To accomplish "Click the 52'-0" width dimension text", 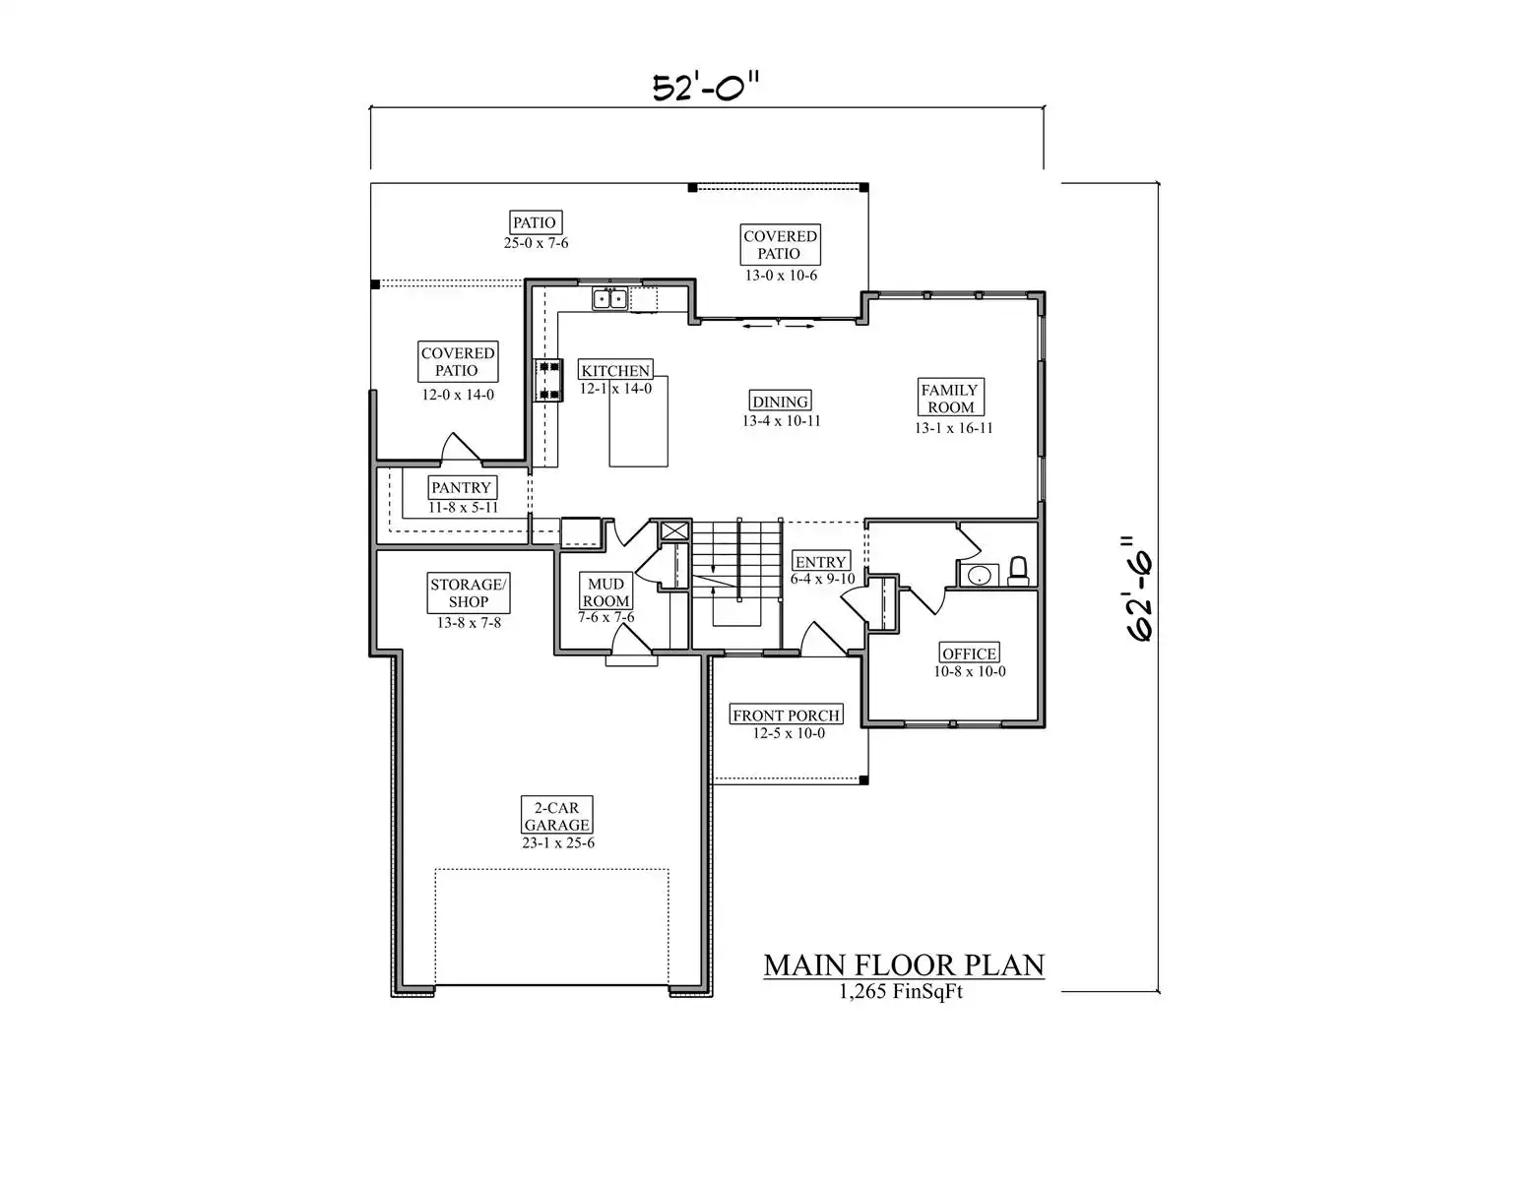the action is pos(706,88).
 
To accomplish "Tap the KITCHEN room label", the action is pos(615,370).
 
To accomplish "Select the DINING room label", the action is pos(781,401).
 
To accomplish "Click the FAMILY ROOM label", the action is pos(950,398).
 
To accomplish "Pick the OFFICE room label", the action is pos(969,653).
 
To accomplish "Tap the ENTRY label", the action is pos(820,561).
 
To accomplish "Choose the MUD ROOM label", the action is pos(605,591).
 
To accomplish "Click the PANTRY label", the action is pos(462,487).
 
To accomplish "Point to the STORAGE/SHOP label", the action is pos(469,592).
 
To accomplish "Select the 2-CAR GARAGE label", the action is pos(556,816).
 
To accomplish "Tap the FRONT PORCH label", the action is pos(786,715).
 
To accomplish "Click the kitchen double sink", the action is pos(609,299).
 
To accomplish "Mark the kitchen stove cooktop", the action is pos(548,381).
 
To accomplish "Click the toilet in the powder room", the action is pos(1018,571).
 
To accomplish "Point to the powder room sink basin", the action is pos(979,575).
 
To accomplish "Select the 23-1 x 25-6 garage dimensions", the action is pos(558,842).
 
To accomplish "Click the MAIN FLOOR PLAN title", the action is pos(904,965).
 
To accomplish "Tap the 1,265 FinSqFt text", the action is pos(901,992).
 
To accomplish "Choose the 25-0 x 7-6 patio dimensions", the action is pos(537,243).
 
